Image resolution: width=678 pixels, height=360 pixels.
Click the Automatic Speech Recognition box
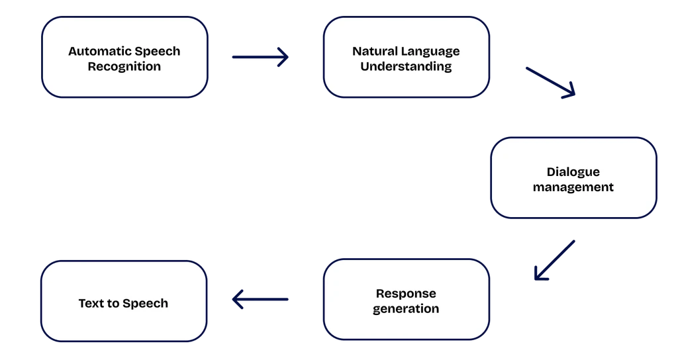click(x=124, y=58)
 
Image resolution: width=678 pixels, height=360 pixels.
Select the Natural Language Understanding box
click(x=406, y=58)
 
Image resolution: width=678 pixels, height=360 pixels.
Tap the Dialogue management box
click(x=573, y=179)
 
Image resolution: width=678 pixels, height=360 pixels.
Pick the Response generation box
click(x=406, y=300)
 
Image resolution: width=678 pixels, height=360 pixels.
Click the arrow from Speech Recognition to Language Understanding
click(x=261, y=58)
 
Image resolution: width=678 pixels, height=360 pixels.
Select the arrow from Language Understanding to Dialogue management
click(x=551, y=82)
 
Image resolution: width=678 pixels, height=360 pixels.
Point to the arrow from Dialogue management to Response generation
click(x=554, y=260)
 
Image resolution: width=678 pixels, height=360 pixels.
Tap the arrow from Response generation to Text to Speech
click(x=260, y=300)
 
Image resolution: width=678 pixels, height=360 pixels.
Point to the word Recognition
click(x=124, y=66)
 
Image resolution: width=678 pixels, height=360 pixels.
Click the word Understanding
click(x=406, y=66)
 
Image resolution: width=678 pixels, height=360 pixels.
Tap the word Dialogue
click(x=573, y=172)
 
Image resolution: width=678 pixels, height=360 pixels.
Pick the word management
click(x=573, y=187)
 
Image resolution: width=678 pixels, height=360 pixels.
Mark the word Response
click(x=406, y=293)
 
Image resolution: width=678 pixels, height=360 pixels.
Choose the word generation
click(x=406, y=309)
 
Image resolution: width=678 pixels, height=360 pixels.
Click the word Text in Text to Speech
click(x=91, y=303)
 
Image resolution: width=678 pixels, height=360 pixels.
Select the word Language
click(x=430, y=51)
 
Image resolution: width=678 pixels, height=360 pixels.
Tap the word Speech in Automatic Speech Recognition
click(x=158, y=51)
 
